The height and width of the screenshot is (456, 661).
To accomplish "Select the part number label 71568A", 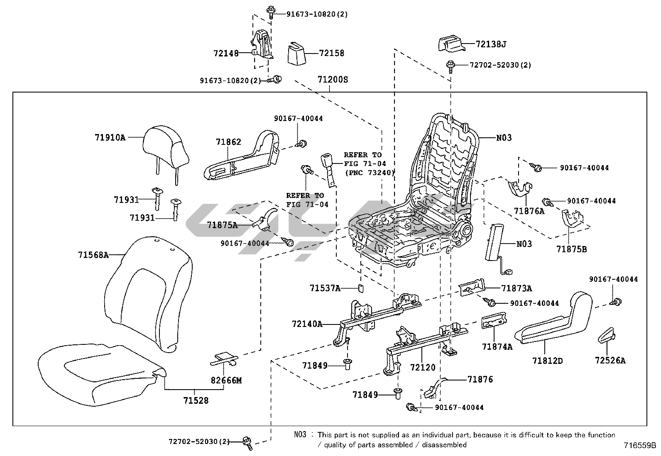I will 93,255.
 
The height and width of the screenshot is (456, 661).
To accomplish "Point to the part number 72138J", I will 491,44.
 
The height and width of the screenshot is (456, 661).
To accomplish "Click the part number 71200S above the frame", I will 333,79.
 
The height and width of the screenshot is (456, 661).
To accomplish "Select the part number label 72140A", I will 307,324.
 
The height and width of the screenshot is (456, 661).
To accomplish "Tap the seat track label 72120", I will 423,367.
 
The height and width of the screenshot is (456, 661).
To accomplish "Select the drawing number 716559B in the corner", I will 640,446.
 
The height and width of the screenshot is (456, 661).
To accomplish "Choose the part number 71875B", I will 572,249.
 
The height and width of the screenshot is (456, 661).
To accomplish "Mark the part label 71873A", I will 516,288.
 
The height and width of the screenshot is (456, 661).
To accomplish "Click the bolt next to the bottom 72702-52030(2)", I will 247,442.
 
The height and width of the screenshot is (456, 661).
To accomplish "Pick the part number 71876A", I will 529,211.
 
